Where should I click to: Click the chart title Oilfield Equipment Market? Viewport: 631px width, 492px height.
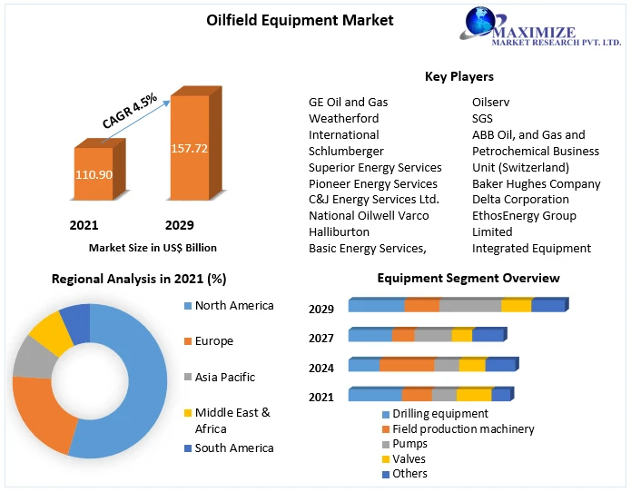point(313,19)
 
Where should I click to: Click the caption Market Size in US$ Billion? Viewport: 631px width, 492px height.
point(153,247)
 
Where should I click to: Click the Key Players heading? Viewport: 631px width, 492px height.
point(459,76)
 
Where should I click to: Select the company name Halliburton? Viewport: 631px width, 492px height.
point(339,231)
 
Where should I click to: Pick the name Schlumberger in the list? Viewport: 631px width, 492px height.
point(346,151)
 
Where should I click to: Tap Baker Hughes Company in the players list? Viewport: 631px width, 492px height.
point(536,183)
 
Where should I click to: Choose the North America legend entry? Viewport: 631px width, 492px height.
point(233,306)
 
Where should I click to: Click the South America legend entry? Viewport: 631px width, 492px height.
point(233,448)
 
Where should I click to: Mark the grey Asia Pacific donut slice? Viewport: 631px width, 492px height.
point(30,359)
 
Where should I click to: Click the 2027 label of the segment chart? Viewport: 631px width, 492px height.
point(321,339)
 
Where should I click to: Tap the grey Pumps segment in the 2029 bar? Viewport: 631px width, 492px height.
point(470,306)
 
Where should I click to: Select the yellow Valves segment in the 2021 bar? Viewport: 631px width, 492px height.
point(473,395)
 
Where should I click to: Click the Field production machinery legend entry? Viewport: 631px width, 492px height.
point(463,428)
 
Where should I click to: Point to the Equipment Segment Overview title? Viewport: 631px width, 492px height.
point(468,278)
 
